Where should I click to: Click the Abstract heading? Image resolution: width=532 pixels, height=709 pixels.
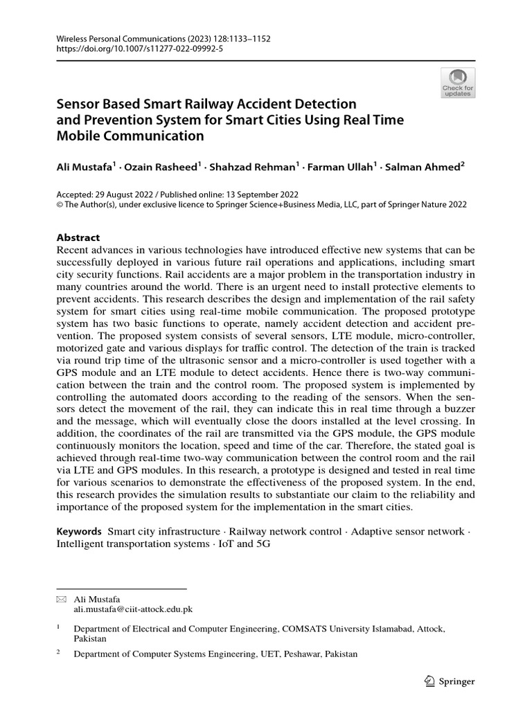tap(78, 237)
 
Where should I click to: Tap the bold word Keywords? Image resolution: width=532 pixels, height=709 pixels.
tap(79, 531)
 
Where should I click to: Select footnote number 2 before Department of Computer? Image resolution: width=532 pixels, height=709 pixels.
tap(58, 652)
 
